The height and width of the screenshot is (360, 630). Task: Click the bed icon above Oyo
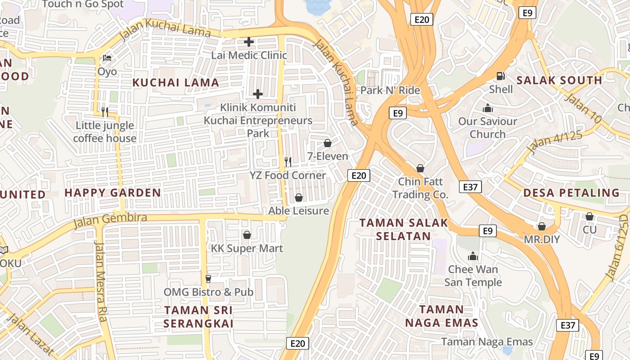[x=107, y=58]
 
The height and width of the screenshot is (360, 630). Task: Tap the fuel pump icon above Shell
[x=500, y=76]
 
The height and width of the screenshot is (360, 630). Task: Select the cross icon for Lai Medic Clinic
[x=248, y=42]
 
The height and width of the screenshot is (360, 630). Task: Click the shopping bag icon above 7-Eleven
[x=328, y=143]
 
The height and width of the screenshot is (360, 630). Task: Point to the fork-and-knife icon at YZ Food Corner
[x=288, y=162]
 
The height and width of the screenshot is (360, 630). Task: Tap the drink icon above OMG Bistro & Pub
[x=208, y=279]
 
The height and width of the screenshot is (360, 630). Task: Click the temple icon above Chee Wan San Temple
[x=472, y=256]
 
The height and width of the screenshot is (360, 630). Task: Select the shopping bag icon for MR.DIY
[x=542, y=226]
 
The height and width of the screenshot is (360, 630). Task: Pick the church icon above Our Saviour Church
[x=487, y=108]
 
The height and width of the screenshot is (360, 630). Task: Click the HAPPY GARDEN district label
[x=112, y=193]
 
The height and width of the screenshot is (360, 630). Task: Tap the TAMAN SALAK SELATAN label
[x=404, y=229]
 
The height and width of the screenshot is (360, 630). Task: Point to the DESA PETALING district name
[x=571, y=193]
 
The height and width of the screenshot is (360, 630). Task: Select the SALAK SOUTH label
[x=559, y=81]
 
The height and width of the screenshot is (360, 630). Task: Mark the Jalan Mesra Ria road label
[x=100, y=282]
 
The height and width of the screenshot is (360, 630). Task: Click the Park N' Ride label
[x=390, y=90]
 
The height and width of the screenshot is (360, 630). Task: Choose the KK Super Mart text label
[x=247, y=248]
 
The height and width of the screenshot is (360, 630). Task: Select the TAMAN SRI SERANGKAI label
[x=198, y=317]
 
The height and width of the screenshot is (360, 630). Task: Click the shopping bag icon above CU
[x=589, y=216]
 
